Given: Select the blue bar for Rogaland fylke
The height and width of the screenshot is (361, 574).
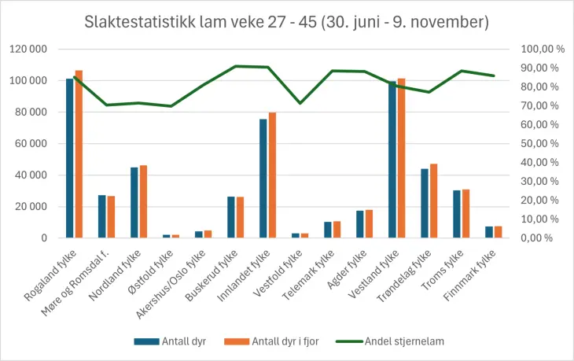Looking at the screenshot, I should pyautogui.click(x=69, y=157).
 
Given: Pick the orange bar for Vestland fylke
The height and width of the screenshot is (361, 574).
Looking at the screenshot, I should pyautogui.click(x=401, y=158).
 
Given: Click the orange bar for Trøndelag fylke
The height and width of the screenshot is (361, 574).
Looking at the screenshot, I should pyautogui.click(x=433, y=201).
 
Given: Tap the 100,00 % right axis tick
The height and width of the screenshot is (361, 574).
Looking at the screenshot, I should pyautogui.click(x=543, y=50).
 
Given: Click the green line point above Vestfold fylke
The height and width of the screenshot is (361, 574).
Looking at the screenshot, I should pyautogui.click(x=300, y=103).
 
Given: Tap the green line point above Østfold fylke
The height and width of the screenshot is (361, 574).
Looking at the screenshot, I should pyautogui.click(x=171, y=105).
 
